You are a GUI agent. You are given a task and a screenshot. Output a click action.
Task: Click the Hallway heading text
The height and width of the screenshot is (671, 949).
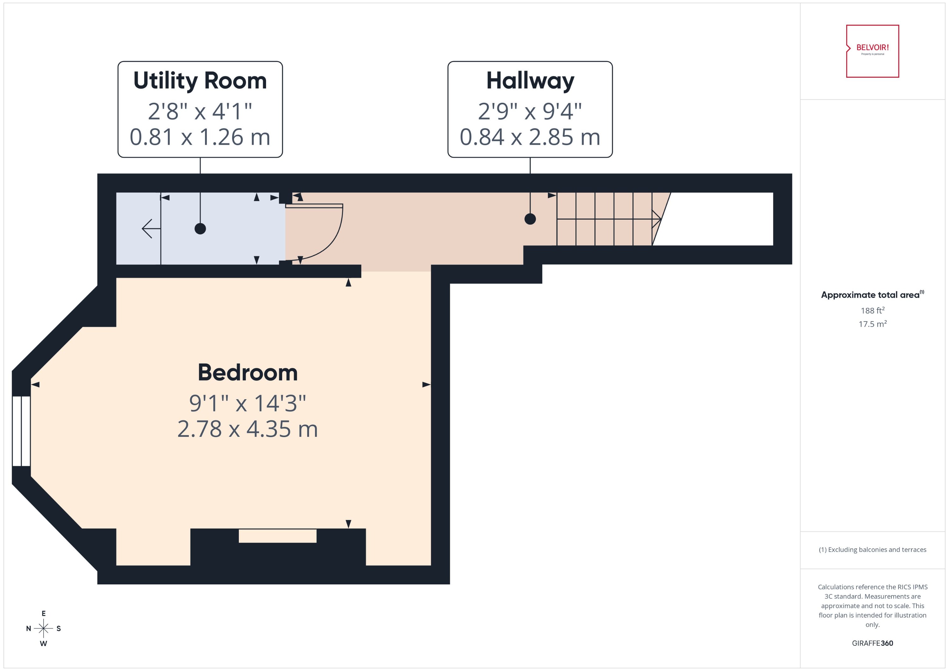(530, 81)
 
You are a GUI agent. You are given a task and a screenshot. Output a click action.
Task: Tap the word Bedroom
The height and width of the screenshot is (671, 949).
(247, 372)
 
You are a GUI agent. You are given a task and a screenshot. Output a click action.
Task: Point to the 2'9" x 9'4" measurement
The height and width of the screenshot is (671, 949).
(530, 111)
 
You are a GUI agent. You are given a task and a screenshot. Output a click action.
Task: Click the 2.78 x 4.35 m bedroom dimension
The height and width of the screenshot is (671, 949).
(247, 429)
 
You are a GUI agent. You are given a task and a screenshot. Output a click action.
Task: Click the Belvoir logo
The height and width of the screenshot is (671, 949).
(872, 51)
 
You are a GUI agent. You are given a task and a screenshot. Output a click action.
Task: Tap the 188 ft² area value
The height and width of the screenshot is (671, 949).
(872, 310)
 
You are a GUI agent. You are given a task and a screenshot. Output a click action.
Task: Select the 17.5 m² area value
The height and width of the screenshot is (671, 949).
(872, 324)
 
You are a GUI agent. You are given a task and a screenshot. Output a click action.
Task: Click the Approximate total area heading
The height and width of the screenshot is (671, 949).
(871, 295)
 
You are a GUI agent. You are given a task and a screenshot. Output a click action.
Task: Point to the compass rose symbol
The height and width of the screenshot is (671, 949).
(43, 628)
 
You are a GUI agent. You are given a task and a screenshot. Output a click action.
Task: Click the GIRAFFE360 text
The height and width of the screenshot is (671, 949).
(872, 643)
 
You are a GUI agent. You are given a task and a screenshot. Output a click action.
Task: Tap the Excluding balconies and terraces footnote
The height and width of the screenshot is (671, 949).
(872, 550)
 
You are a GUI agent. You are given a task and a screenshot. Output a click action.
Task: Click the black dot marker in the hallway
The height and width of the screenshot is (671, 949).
(530, 219)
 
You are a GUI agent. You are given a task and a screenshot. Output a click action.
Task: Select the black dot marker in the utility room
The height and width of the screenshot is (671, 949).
(200, 229)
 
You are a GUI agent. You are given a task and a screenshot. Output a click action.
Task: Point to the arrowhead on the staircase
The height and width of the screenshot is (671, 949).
(657, 219)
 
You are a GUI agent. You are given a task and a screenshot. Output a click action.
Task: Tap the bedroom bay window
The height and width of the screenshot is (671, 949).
(21, 431)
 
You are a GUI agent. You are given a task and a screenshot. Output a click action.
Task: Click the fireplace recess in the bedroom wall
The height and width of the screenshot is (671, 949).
(277, 536)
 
